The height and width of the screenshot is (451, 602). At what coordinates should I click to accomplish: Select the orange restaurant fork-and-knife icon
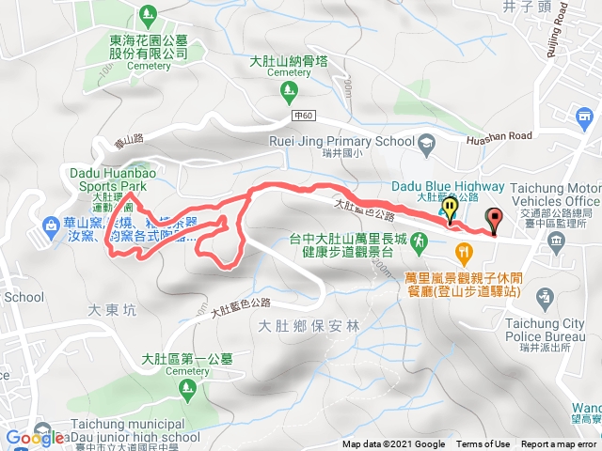click(x=463, y=252)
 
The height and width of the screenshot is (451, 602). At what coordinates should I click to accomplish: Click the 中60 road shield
click(x=301, y=116)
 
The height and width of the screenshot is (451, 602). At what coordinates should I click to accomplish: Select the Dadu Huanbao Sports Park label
click(x=109, y=179)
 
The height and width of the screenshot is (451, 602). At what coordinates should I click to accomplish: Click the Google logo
click(x=34, y=437)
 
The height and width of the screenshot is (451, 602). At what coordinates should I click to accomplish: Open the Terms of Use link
click(x=483, y=444)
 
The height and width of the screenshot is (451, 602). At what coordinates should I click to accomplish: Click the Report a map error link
click(x=559, y=444)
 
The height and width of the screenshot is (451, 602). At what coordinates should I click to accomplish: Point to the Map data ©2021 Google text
click(x=393, y=444)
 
